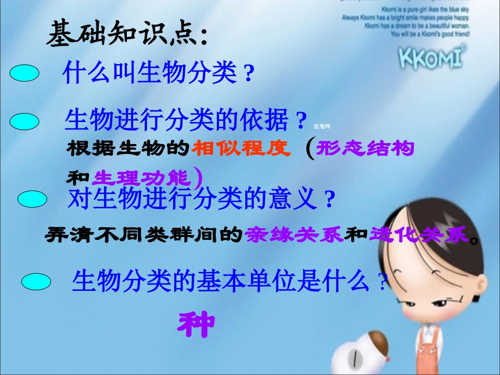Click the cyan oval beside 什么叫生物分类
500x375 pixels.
click(24, 74)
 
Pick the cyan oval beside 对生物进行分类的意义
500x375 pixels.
click(33, 199)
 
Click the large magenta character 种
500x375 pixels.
click(196, 325)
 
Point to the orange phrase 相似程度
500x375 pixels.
click(241, 149)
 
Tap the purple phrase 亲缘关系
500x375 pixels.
click(294, 234)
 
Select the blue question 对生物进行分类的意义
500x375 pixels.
click(195, 199)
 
